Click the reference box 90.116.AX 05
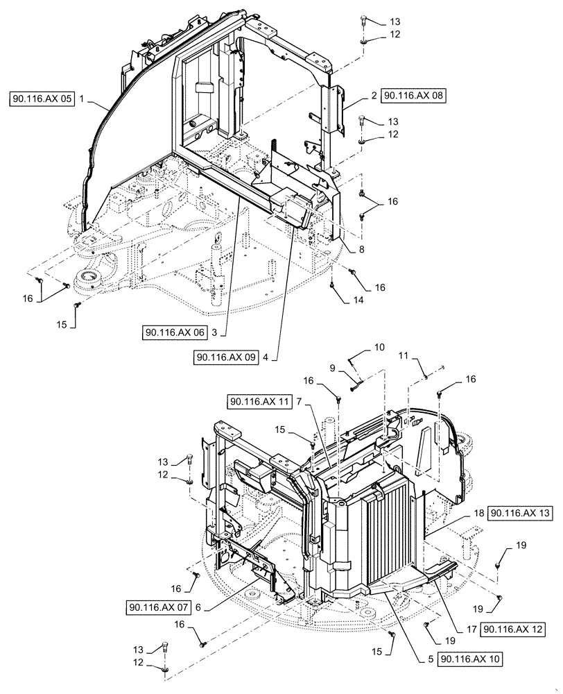point(42,100)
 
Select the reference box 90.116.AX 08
point(414,96)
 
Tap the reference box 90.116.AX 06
point(175,332)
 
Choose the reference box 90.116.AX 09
point(226,357)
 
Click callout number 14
point(338,301)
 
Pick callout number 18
point(478,513)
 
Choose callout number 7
point(298,402)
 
